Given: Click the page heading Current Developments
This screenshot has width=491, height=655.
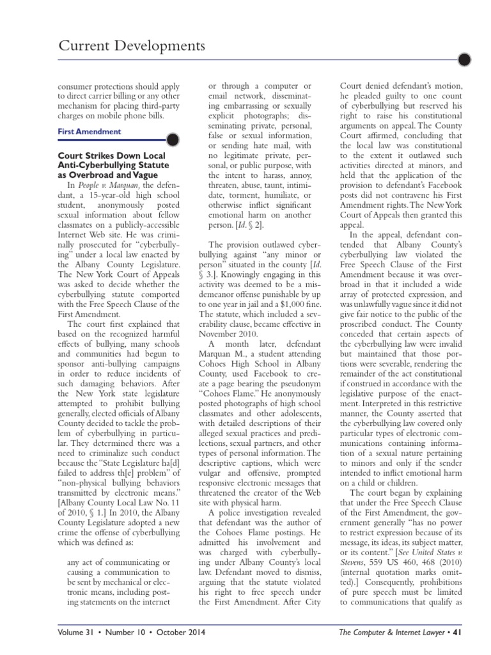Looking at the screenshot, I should click(132, 46).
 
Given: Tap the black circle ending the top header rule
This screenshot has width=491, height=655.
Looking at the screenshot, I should click(465, 61).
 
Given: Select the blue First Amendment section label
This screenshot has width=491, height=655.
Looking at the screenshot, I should click(89, 132).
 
